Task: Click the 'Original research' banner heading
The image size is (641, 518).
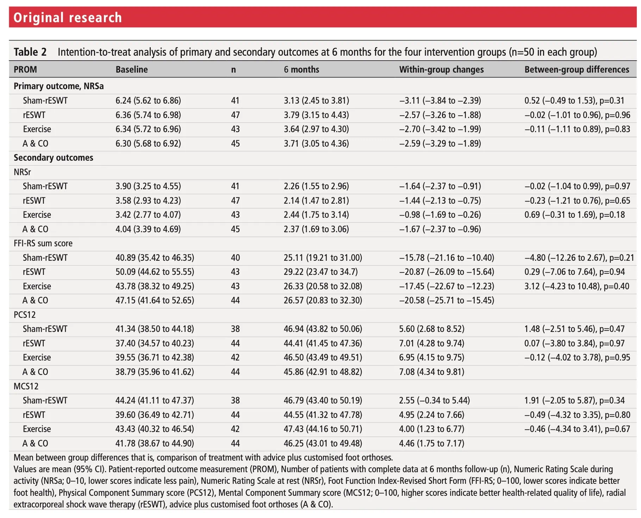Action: (68, 17)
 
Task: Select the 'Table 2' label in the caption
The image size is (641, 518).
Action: (30, 52)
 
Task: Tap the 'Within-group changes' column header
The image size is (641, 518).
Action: (441, 69)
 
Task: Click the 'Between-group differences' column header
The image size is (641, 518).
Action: (577, 69)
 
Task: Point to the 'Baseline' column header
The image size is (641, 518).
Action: (132, 69)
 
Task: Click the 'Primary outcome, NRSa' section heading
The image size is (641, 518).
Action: (58, 86)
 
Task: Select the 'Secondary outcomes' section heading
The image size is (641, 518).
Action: (54, 158)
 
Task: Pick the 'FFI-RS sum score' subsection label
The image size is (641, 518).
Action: (43, 243)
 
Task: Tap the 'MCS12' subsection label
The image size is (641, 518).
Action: (26, 386)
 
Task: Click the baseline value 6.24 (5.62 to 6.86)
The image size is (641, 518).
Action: (148, 100)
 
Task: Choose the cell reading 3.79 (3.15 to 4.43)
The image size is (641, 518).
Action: (316, 115)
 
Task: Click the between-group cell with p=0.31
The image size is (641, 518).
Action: (574, 100)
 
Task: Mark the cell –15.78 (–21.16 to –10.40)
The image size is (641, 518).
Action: (447, 258)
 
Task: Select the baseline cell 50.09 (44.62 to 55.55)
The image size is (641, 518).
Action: (155, 272)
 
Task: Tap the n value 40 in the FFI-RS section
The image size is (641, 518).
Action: (235, 258)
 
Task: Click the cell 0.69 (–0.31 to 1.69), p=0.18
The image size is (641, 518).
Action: (574, 215)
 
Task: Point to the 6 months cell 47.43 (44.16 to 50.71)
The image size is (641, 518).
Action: (323, 429)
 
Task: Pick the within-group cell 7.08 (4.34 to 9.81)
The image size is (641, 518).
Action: (431, 372)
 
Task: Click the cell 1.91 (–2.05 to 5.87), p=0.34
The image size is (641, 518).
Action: (574, 400)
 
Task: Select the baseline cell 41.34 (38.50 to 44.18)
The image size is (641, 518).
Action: (155, 329)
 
